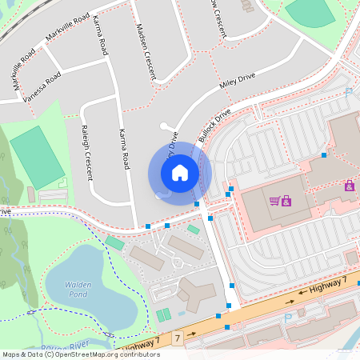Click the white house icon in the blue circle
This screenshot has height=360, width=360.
(180, 172)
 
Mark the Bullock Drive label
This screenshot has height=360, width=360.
(214, 124)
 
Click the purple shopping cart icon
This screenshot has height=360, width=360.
(274, 200)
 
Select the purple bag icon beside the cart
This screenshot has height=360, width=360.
(286, 200)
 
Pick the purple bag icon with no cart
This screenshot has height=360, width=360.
(349, 186)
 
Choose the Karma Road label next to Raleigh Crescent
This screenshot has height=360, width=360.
(123, 150)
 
